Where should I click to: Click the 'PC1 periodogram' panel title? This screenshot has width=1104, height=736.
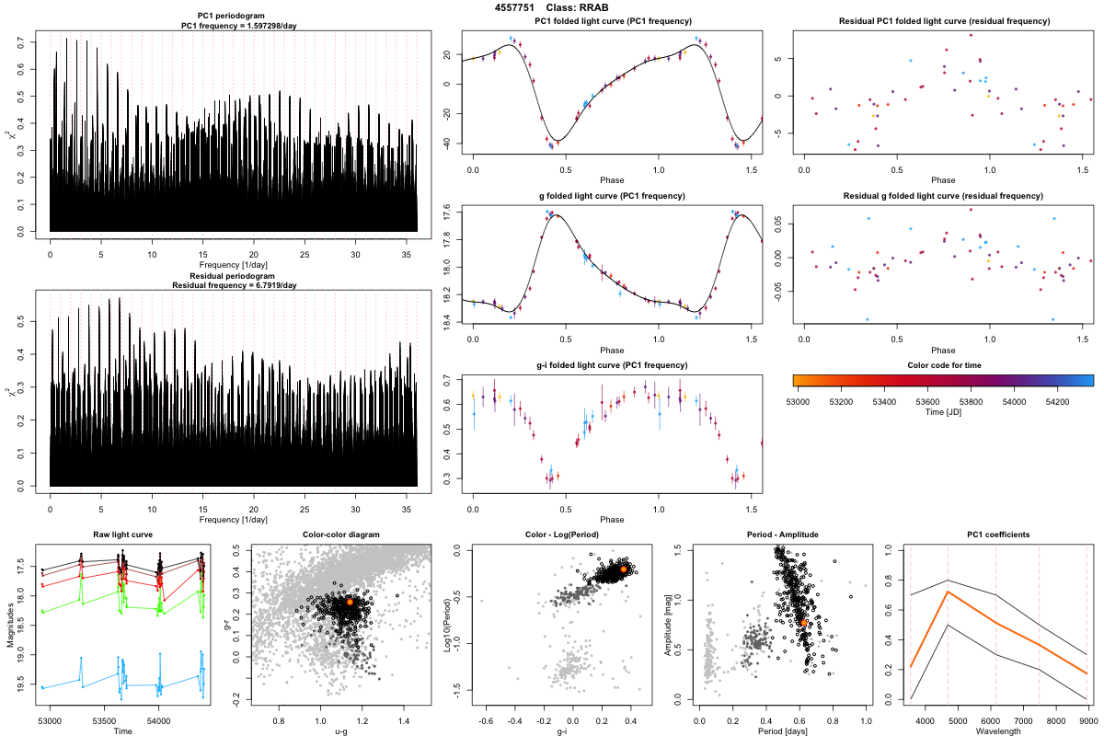coord(234,18)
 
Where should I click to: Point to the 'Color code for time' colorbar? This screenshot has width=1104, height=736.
coord(942,379)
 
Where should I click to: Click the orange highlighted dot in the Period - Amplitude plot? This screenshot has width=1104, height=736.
coord(804,623)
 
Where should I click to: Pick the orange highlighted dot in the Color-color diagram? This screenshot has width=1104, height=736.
coord(350,602)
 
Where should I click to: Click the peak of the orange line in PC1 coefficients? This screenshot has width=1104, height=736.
coord(949,592)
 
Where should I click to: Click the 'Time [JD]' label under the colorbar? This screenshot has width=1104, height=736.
coord(942,414)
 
